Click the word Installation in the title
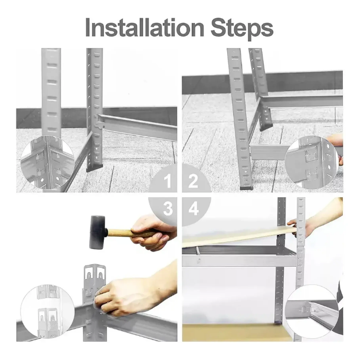(x=145, y=28)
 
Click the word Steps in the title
(x=242, y=30)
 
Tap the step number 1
(x=168, y=181)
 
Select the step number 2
(x=193, y=181)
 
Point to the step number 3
(x=168, y=208)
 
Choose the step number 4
(x=194, y=208)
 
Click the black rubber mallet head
(x=98, y=232)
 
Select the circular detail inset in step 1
(x=47, y=162)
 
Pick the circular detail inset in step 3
(x=48, y=312)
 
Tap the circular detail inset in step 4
(x=312, y=312)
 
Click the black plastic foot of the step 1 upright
(x=94, y=168)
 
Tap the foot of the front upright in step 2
(x=246, y=188)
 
